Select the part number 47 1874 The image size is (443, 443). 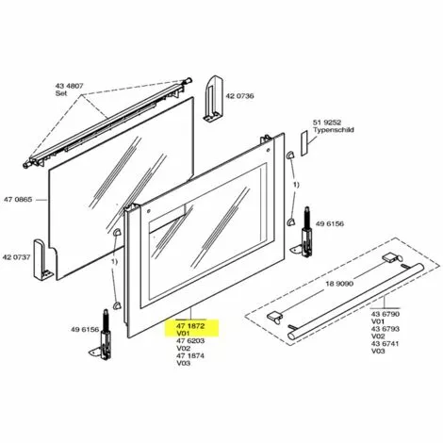coord(188,355)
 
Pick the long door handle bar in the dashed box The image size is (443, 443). coord(344,300)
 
